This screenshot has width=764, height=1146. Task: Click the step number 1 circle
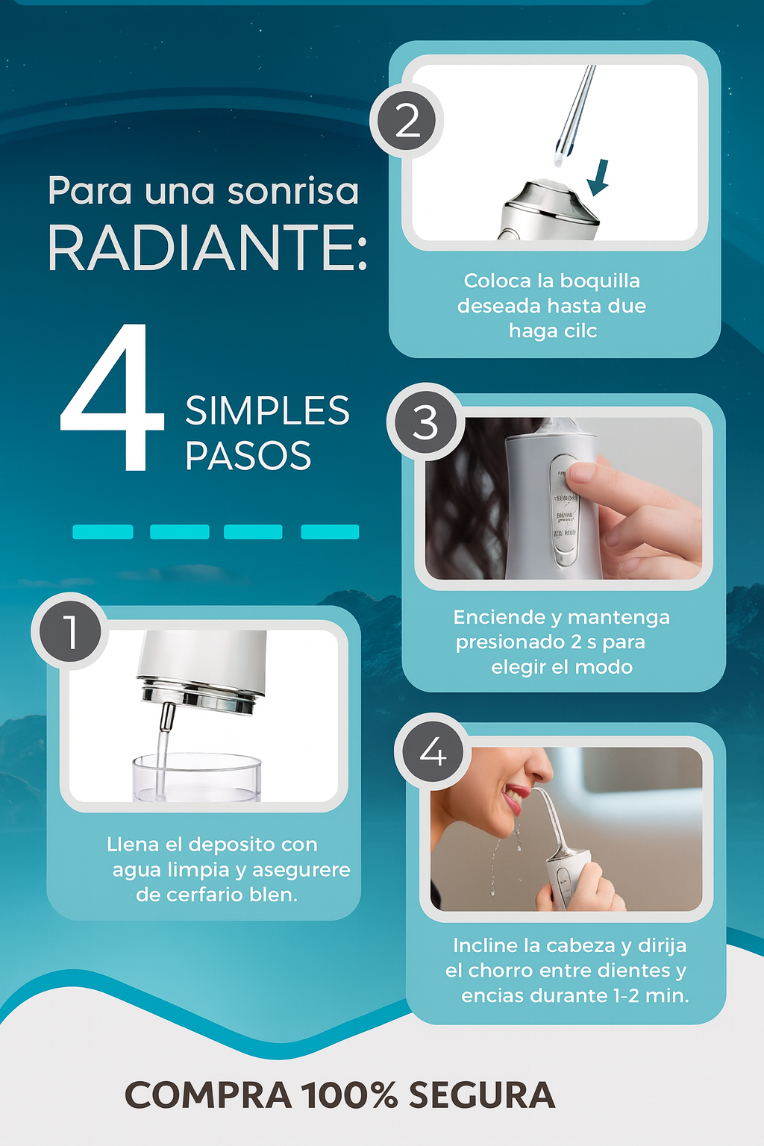[x=70, y=631]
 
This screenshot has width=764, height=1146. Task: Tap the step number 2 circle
[x=407, y=121]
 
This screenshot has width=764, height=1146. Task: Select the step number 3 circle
[x=425, y=422]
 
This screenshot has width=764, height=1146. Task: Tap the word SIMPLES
[x=267, y=411]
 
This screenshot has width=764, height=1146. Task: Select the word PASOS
[x=248, y=456]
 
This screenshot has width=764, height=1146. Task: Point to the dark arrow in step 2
[x=598, y=178]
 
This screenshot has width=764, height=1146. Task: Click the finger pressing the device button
[x=589, y=473]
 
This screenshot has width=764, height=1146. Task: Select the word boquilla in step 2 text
[x=600, y=281]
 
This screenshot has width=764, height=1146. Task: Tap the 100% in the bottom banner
[x=349, y=1095]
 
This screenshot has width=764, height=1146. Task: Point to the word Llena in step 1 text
[x=133, y=845]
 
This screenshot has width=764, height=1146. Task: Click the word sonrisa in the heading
[x=292, y=191]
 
